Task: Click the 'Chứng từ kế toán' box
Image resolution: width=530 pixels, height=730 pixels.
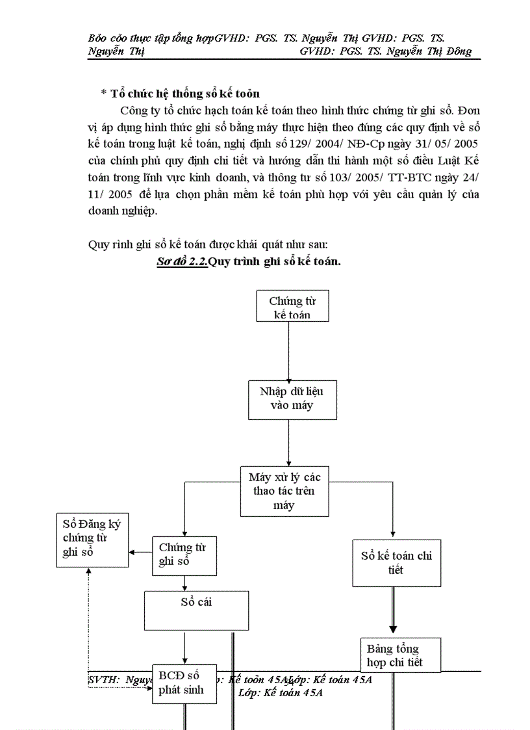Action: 292,307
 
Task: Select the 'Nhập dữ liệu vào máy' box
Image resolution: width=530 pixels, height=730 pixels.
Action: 286,398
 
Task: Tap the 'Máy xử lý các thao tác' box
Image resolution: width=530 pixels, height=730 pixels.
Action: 284,491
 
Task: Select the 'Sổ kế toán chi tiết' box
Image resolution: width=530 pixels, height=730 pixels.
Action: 396,562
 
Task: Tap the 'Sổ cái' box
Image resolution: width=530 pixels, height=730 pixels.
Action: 196,610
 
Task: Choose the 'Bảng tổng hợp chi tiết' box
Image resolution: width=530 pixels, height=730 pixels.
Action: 400,655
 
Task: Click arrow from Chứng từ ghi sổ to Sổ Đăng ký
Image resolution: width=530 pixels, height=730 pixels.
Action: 140,553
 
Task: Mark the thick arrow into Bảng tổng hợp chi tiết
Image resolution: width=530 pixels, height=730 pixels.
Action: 393,611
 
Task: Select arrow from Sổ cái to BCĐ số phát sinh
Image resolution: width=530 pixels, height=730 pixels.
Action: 185,647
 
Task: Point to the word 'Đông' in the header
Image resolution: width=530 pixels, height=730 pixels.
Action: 458,51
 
